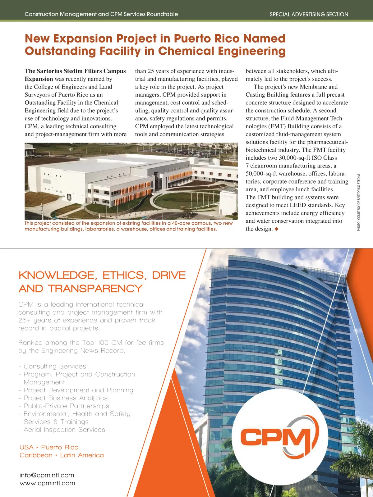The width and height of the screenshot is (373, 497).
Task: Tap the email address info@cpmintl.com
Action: [47, 475]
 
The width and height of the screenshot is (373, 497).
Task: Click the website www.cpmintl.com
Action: [47, 483]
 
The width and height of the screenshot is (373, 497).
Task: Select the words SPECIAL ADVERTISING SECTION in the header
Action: [309, 14]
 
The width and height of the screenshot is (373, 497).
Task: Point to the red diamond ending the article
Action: [277, 229]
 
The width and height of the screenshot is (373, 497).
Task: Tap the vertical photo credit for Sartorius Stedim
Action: [359, 203]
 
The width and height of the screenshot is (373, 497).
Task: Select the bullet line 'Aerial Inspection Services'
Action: [64, 430]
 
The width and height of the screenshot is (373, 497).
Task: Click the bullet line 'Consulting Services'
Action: [55, 367]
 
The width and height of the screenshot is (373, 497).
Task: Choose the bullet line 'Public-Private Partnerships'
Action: [66, 406]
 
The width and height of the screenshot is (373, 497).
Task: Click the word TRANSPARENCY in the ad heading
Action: [95, 289]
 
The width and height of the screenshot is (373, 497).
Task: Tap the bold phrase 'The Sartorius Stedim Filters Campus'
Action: [75, 71]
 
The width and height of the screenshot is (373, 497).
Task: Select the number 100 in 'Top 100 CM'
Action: [103, 343]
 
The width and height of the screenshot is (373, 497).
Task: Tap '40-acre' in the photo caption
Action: [181, 223]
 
